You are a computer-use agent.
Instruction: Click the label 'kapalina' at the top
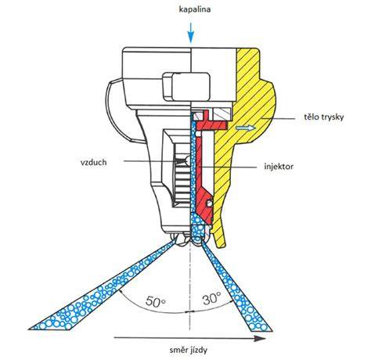(x=195, y=9)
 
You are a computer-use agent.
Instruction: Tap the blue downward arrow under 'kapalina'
(x=191, y=33)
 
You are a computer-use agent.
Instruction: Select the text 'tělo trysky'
(x=324, y=117)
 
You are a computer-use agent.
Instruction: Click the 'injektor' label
(x=279, y=166)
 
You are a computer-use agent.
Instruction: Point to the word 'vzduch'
(x=94, y=162)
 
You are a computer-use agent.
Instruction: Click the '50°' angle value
(x=156, y=301)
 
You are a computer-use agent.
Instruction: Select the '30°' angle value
(x=212, y=298)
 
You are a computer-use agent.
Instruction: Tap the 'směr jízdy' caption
(x=189, y=350)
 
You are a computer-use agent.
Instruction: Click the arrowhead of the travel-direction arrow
(x=260, y=339)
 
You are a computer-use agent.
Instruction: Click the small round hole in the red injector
(x=209, y=203)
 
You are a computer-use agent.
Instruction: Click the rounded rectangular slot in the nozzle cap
(x=186, y=87)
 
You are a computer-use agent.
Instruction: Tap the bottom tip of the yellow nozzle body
(x=221, y=245)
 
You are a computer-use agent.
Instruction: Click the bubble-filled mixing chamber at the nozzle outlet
(x=197, y=226)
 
